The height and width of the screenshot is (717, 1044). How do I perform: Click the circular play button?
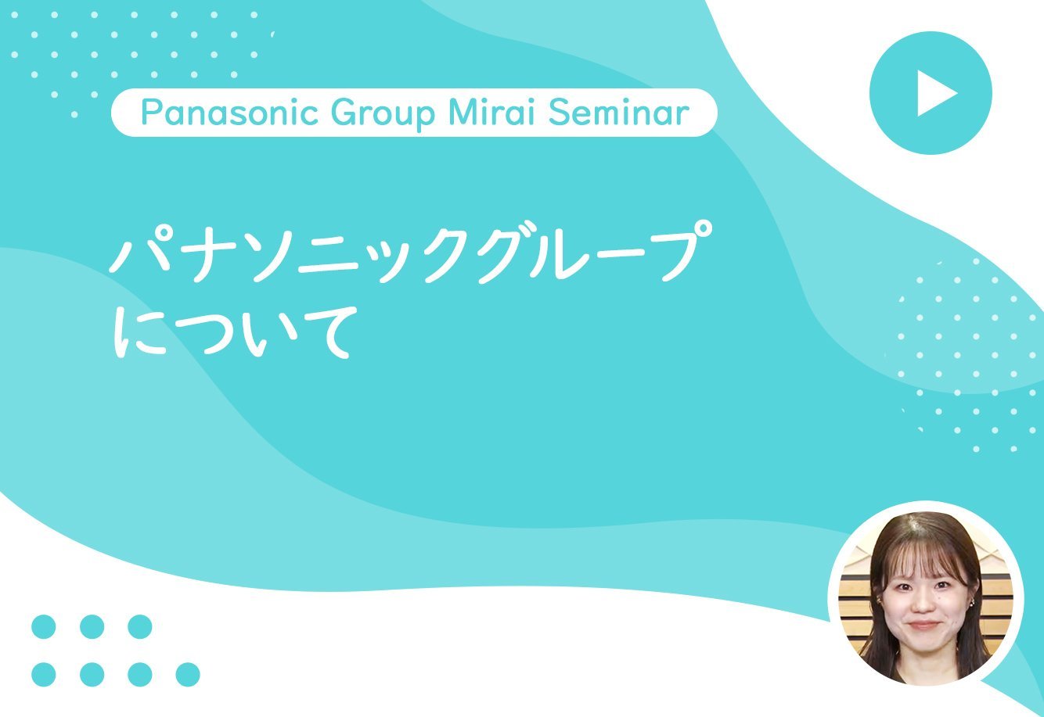tap(931, 93)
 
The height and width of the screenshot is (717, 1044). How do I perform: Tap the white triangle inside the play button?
tap(935, 93)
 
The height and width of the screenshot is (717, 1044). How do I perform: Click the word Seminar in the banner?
tap(618, 113)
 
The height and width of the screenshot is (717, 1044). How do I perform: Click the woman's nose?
tap(924, 604)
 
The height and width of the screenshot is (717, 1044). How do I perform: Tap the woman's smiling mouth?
tap(925, 625)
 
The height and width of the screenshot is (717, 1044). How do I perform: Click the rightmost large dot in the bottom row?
tap(188, 674)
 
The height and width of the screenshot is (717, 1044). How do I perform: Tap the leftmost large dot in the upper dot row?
tap(44, 626)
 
